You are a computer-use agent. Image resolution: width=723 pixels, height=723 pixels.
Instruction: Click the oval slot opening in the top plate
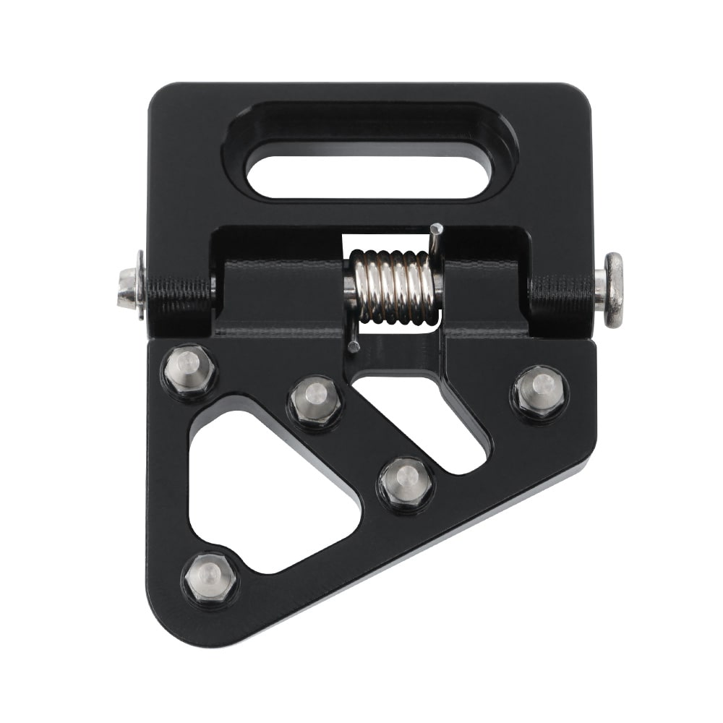pyautogui.click(x=369, y=176)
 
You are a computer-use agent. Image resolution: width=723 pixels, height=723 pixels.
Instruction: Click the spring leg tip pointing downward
pyautogui.click(x=353, y=346)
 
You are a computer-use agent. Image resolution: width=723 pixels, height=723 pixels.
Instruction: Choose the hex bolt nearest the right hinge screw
pyautogui.click(x=540, y=390)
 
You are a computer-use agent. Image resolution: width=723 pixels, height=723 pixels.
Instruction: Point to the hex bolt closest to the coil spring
pyautogui.click(x=315, y=400)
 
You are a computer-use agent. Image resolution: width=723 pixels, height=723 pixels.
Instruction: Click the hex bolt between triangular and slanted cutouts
pyautogui.click(x=406, y=481)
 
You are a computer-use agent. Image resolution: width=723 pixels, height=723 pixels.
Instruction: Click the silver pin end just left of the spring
pyautogui.click(x=349, y=286)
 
